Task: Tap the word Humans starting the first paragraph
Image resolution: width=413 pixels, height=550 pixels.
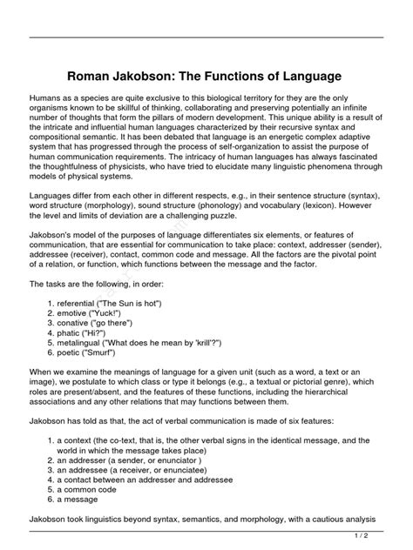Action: click(47, 101)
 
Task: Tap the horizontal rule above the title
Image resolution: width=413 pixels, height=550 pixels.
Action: click(206, 37)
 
